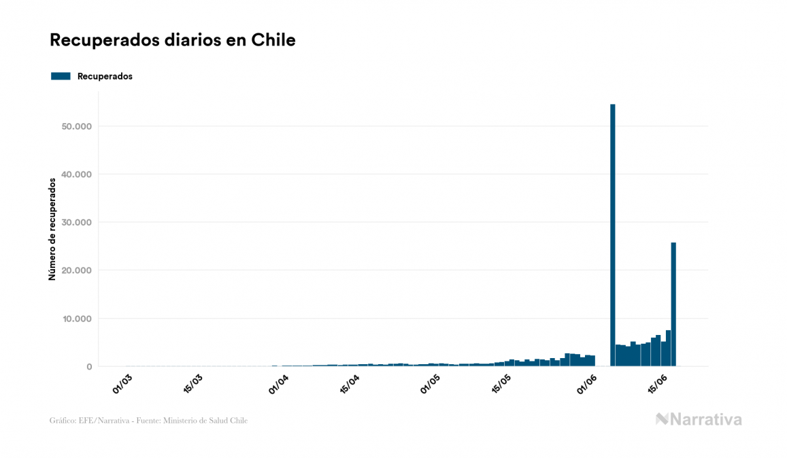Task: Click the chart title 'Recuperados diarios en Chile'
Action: pyautogui.click(x=172, y=40)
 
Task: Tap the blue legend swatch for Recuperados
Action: pyautogui.click(x=61, y=76)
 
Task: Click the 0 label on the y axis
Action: pyautogui.click(x=88, y=367)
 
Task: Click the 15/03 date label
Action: pyautogui.click(x=195, y=383)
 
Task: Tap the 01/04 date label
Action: pyautogui.click(x=279, y=383)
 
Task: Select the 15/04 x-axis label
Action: pyautogui.click(x=349, y=383)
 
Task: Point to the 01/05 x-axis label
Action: pyautogui.click(x=431, y=383)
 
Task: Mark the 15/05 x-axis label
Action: pyautogui.click(x=501, y=383)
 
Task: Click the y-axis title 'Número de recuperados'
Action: pyautogui.click(x=52, y=229)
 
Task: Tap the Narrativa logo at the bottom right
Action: pyautogui.click(x=699, y=419)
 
